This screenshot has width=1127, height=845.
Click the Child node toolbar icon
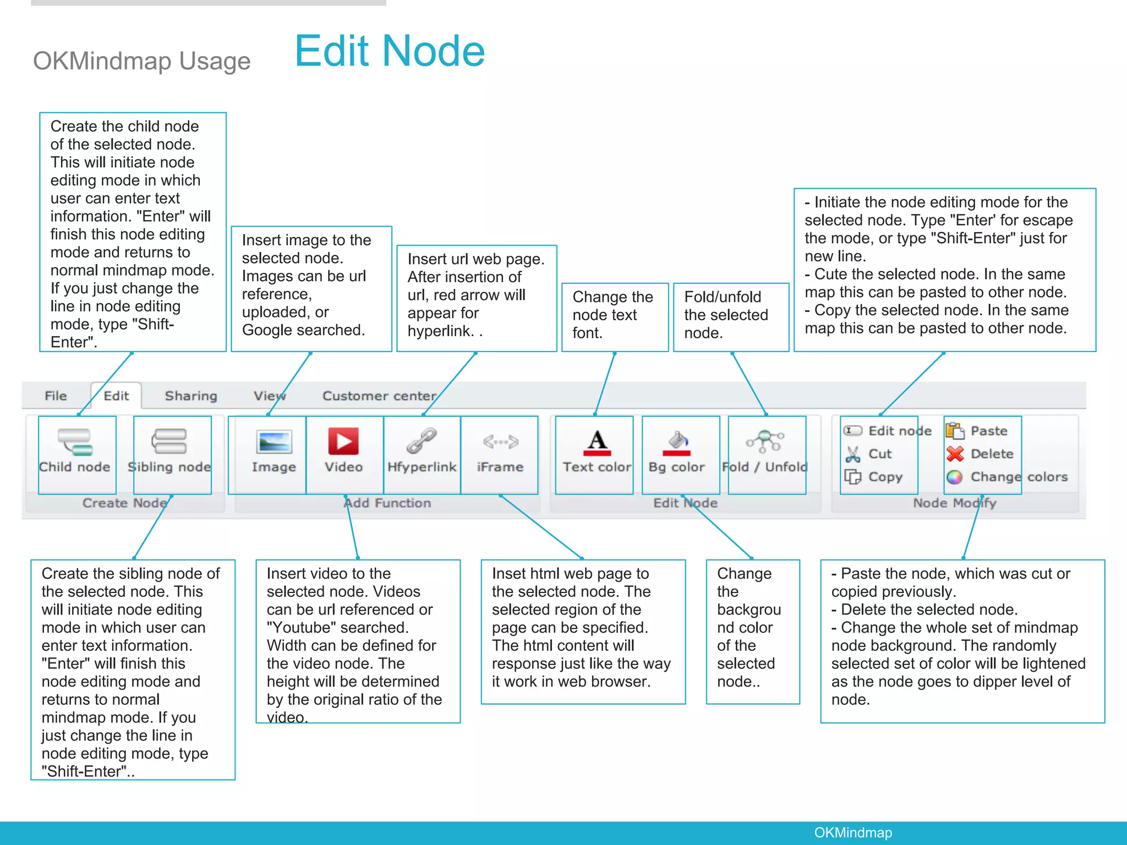75,442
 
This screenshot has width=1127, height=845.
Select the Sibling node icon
169,441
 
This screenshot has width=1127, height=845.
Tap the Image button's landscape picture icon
273,442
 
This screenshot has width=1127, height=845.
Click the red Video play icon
343,441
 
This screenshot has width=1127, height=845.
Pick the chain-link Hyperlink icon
422,441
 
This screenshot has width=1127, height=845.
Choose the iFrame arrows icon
500,441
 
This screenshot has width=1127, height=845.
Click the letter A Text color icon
597,442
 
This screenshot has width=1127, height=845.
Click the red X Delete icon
955,454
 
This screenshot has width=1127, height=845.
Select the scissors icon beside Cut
853,454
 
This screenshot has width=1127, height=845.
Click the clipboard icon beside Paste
955,430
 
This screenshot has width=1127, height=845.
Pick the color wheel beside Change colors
955,477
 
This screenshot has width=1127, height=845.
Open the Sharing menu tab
191,396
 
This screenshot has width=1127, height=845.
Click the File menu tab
56,396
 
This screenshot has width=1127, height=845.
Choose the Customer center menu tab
379,396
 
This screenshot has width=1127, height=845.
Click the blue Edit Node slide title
390,51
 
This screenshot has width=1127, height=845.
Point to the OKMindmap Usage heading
141,61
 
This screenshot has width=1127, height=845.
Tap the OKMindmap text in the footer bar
853,832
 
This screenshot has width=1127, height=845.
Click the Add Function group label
387,503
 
